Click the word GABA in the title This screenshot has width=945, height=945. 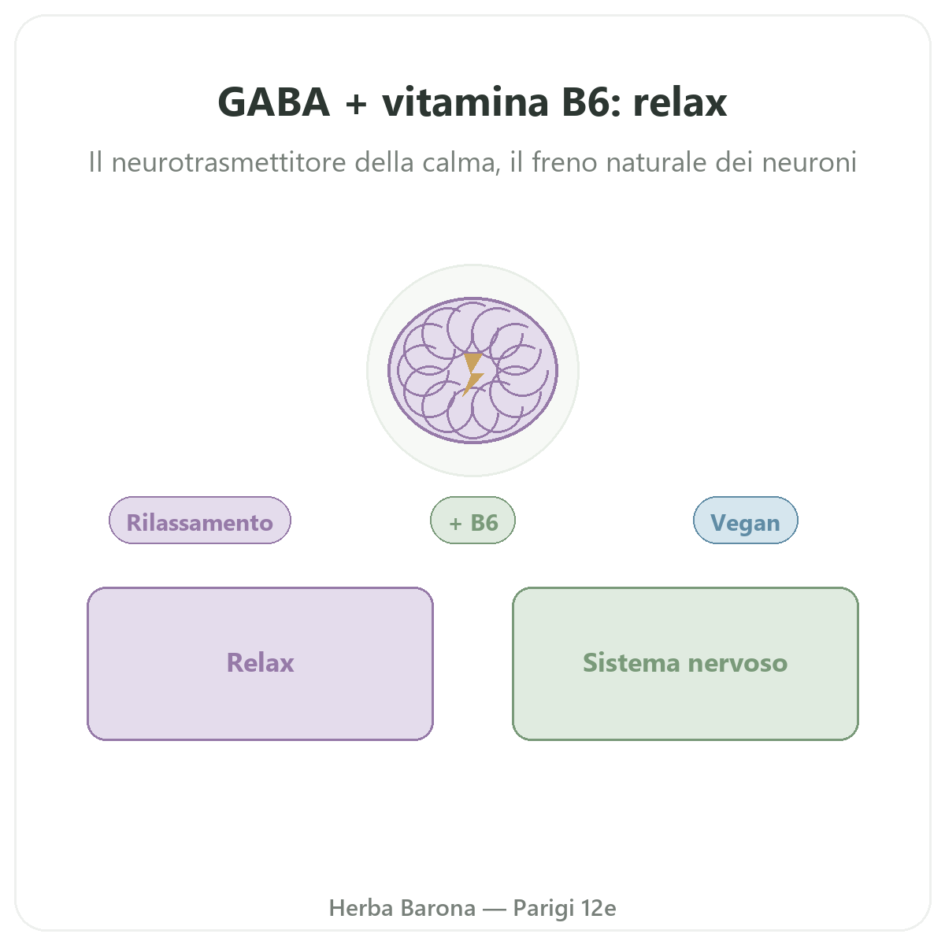tap(273, 102)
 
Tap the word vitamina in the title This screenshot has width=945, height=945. tap(465, 102)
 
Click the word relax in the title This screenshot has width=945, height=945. tap(680, 102)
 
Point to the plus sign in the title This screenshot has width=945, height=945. tap(356, 104)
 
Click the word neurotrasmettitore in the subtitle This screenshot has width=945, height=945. tap(229, 162)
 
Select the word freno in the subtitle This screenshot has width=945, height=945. tap(565, 162)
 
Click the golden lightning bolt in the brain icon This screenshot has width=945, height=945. tap(472, 374)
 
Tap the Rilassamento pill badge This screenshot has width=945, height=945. tap(199, 520)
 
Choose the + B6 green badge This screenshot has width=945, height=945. tap(472, 520)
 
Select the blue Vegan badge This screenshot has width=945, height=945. tap(746, 520)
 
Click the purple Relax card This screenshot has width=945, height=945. tap(260, 664)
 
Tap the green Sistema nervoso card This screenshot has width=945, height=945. tap(685, 664)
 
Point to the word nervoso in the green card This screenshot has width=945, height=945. tap(738, 663)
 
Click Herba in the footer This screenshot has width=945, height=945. tap(361, 908)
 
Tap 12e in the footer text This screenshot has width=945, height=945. tap(598, 908)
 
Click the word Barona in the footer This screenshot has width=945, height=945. tap(438, 908)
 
